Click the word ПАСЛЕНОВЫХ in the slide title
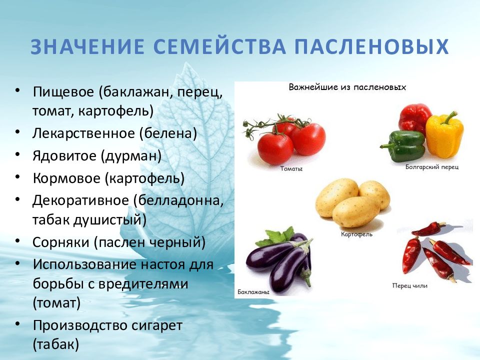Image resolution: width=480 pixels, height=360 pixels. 371,47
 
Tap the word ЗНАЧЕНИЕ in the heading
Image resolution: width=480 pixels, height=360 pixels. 87,47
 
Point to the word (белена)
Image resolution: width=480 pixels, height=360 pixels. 168,133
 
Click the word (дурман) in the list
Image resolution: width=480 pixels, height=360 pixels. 131,156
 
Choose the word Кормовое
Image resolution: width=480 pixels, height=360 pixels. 66,178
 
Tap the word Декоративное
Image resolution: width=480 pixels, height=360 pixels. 81,200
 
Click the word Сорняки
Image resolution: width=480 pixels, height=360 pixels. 61,242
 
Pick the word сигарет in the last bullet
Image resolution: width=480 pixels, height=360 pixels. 157,325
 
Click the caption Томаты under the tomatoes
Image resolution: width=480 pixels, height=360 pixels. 291,168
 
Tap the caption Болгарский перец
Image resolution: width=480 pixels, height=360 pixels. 432,167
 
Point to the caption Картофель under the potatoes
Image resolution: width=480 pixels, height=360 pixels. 356,234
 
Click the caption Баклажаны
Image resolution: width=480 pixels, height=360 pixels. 253,292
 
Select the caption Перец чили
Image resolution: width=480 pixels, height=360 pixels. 409,285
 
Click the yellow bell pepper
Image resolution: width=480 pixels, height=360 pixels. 444,134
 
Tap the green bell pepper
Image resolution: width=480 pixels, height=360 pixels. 403,145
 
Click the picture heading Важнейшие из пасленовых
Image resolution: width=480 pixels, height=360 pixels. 347,87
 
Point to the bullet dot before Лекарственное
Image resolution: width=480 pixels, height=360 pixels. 17,131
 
